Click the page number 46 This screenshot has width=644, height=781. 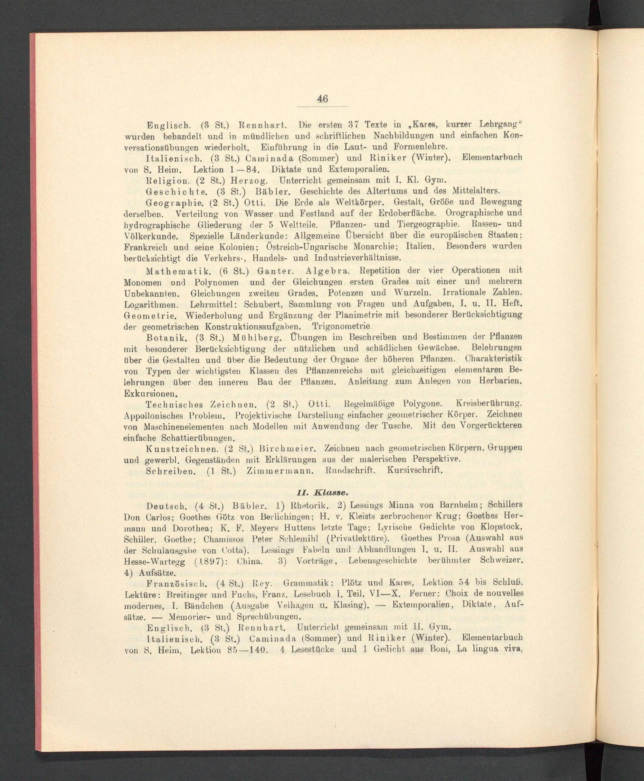pos(322,99)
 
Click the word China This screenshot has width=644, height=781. pos(250,561)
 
